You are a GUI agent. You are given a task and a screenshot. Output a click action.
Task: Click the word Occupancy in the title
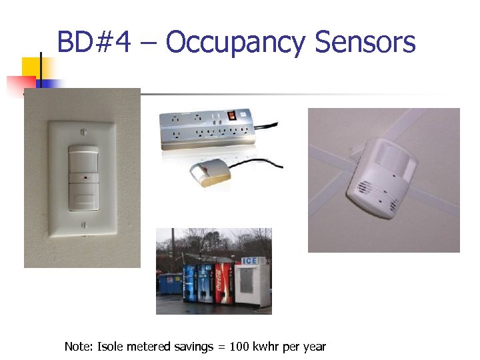point(236,42)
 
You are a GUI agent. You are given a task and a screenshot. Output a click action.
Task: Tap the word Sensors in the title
point(365,42)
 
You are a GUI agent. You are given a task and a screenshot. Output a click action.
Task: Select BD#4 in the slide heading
point(93,42)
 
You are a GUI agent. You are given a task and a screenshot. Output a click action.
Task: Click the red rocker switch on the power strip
point(232,115)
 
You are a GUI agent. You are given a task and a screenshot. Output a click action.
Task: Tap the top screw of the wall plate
point(83,132)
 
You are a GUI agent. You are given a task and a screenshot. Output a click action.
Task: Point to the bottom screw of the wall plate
point(83,226)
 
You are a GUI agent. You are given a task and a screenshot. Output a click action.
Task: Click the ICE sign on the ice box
point(249,261)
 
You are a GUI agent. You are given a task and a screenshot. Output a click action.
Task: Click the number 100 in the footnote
point(241,347)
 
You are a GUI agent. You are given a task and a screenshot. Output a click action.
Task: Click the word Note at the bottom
point(77,347)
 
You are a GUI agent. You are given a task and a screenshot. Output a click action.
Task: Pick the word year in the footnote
point(314,347)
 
